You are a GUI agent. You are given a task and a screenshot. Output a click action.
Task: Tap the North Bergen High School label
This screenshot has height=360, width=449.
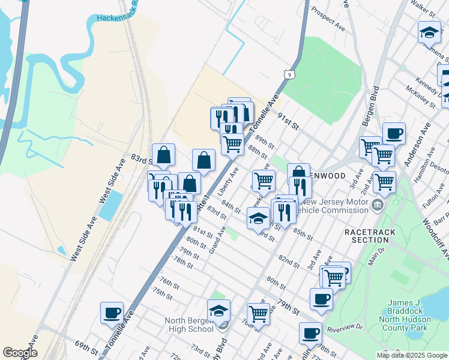[x=189, y=324]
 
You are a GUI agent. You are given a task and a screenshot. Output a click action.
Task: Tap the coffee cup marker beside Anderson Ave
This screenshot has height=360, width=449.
[x=394, y=133]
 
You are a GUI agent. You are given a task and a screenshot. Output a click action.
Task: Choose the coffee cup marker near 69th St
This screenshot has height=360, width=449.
[x=112, y=312]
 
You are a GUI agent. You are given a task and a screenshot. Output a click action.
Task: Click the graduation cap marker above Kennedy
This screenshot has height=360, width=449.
[x=429, y=32]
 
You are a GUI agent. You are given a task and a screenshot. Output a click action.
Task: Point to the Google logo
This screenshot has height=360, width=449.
[x=19, y=353]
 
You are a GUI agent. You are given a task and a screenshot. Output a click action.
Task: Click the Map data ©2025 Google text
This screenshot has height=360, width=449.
[x=411, y=355]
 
